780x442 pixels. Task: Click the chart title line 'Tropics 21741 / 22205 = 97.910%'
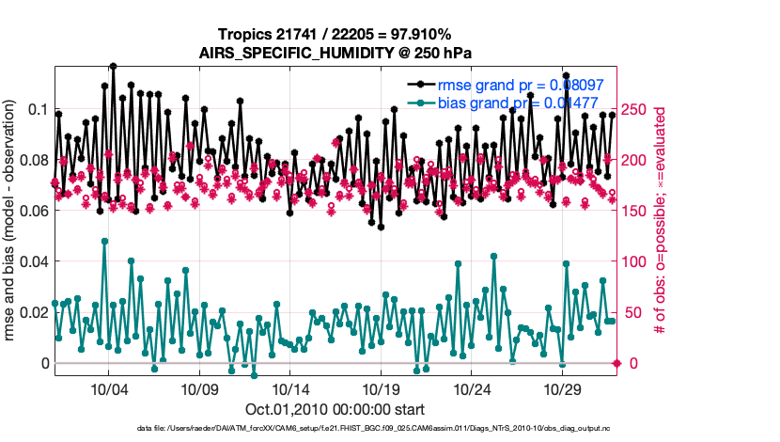click(x=335, y=35)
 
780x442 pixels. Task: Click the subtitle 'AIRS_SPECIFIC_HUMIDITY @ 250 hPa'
click(x=335, y=53)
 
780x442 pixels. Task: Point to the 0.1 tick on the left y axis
click(x=38, y=109)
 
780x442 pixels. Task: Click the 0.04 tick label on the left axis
click(x=33, y=261)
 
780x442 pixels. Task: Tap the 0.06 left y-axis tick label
click(x=33, y=211)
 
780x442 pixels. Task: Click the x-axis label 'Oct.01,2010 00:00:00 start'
click(x=335, y=409)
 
